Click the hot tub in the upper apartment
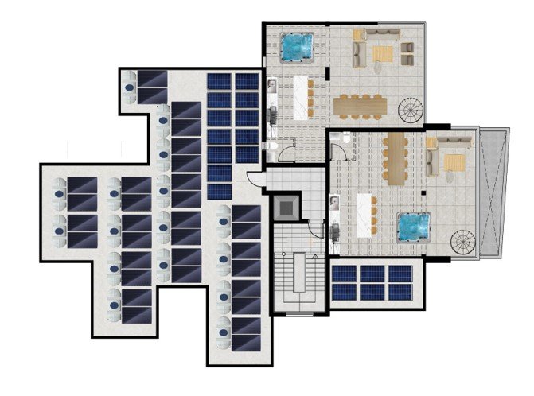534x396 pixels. click(298, 46)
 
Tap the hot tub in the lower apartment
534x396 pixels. click(414, 227)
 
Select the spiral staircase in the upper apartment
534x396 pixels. click(411, 109)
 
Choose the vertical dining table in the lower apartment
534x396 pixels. click(396, 156)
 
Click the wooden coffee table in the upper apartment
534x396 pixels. click(384, 53)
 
